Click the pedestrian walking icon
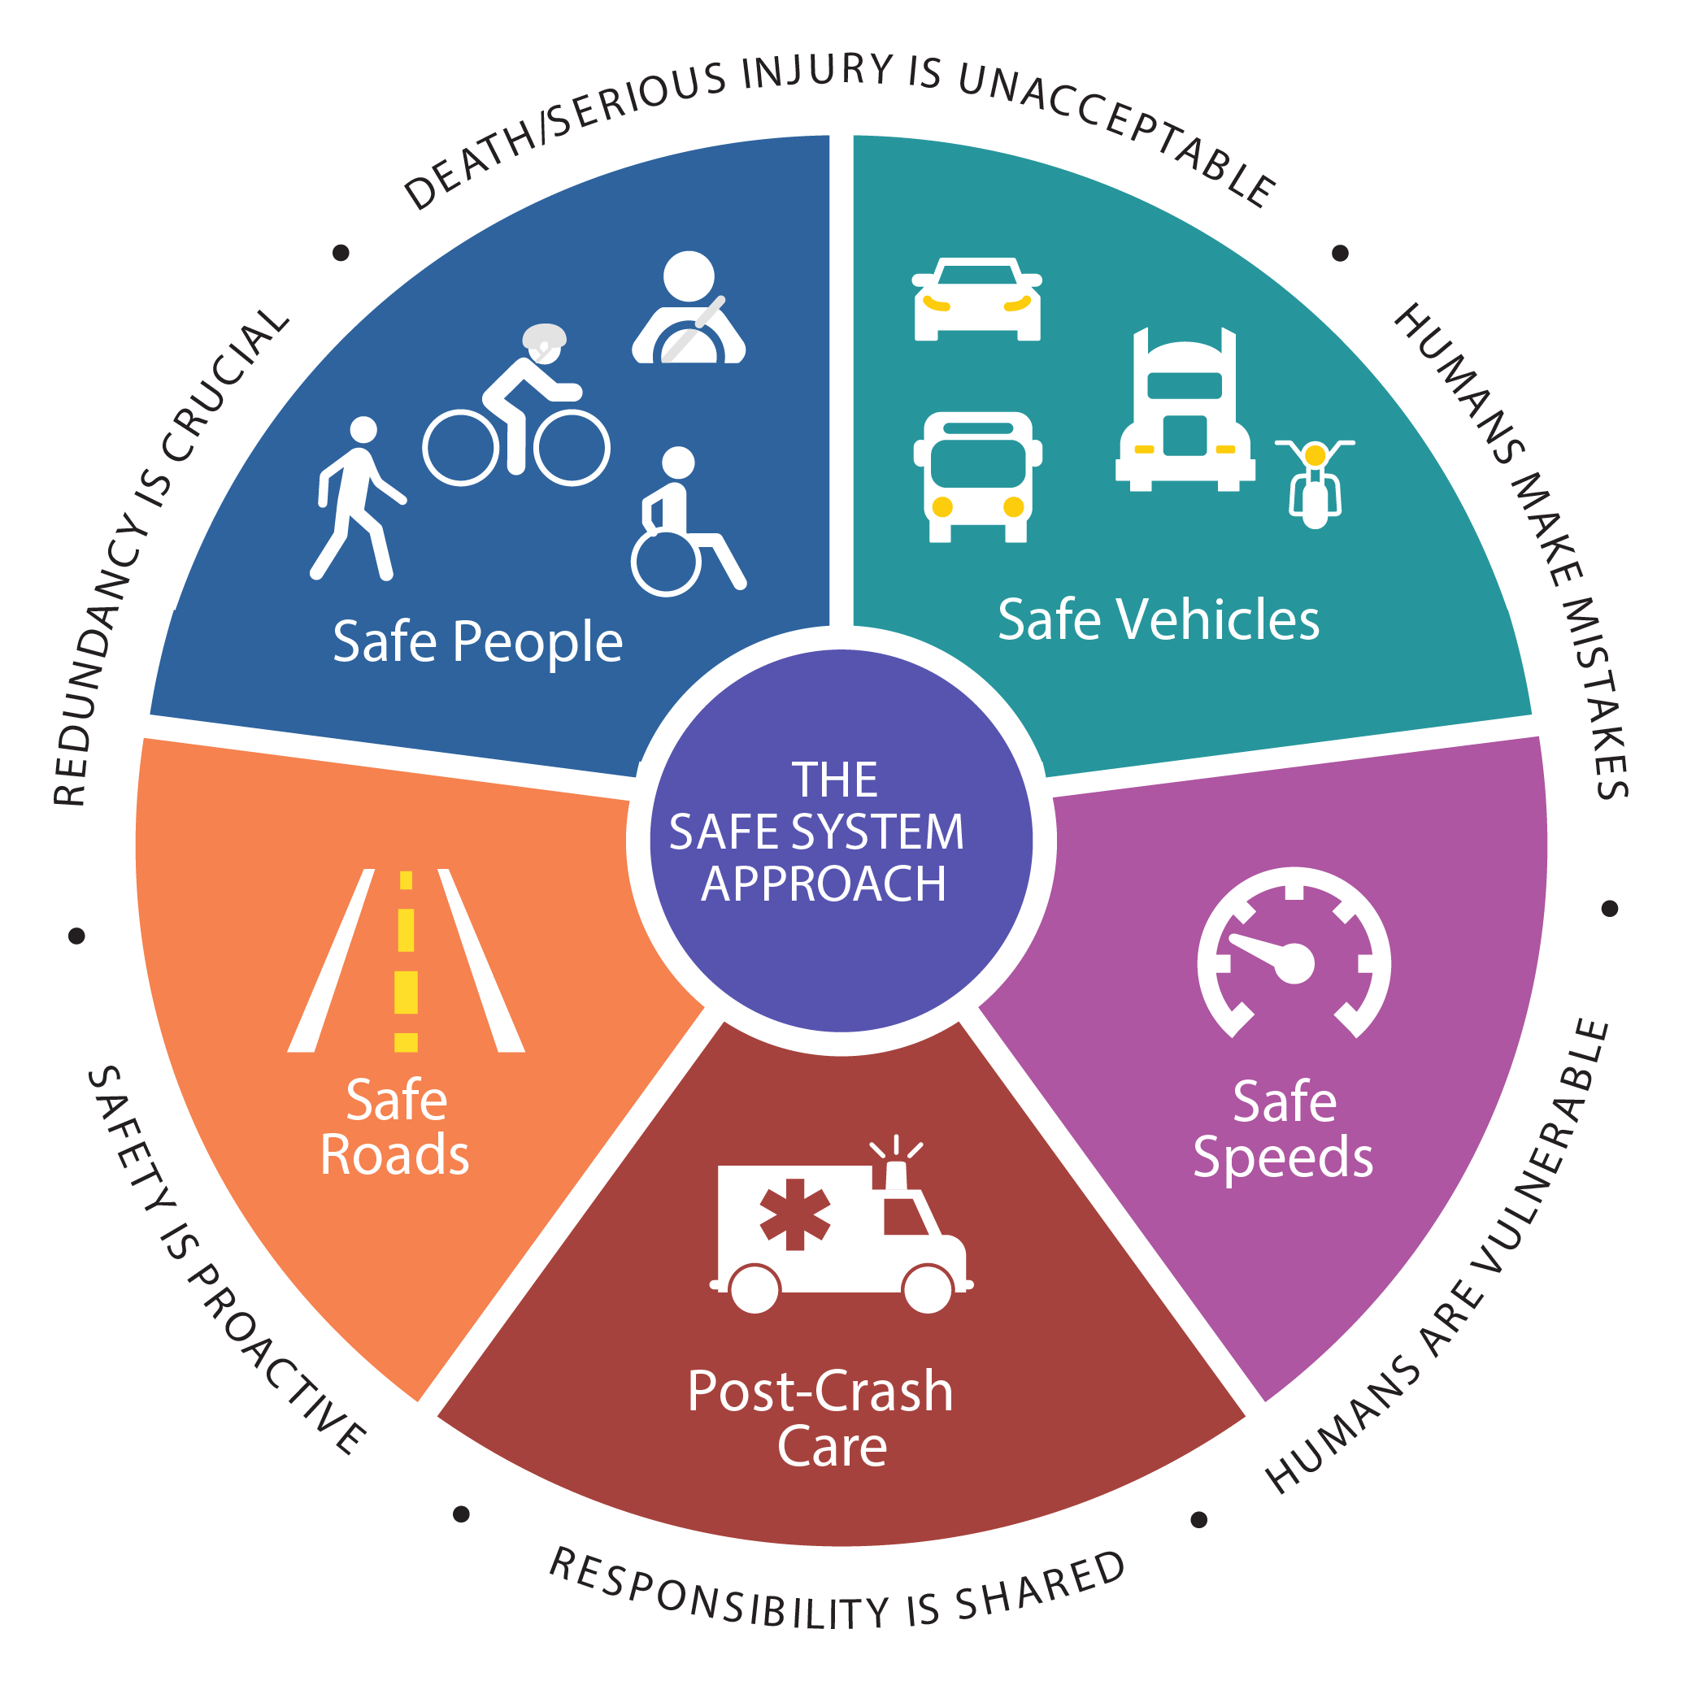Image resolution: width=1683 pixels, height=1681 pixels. click(x=357, y=498)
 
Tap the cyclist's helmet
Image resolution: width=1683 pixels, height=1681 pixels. click(x=545, y=337)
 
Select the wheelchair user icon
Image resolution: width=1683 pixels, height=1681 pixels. click(x=687, y=522)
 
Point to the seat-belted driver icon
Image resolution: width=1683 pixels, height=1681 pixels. click(x=688, y=307)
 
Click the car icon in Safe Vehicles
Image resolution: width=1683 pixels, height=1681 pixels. click(x=976, y=299)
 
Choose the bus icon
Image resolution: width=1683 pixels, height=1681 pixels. click(x=977, y=476)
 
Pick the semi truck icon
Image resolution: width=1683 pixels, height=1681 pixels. click(x=1185, y=410)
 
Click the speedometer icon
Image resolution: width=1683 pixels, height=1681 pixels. click(x=1294, y=953)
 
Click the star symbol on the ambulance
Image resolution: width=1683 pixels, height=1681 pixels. click(x=794, y=1214)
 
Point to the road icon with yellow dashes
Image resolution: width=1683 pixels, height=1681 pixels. click(x=406, y=961)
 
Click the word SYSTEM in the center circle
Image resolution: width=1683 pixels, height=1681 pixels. click(x=879, y=832)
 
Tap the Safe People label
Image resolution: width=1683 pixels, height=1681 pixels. click(x=477, y=643)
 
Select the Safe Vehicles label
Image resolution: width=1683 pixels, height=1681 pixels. click(x=1159, y=620)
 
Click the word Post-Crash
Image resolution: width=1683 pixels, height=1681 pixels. click(x=820, y=1391)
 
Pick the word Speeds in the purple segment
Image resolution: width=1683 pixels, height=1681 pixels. click(x=1283, y=1158)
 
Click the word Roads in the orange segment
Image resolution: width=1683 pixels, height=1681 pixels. click(x=394, y=1155)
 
